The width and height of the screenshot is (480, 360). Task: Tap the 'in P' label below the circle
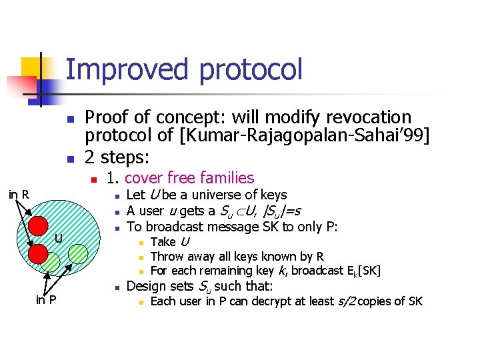click(x=45, y=299)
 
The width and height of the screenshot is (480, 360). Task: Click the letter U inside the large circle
click(x=59, y=239)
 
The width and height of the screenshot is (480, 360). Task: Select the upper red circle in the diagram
click(x=38, y=227)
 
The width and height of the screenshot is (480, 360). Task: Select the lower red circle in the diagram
click(x=37, y=253)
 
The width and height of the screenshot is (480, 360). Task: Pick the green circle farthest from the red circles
click(x=79, y=253)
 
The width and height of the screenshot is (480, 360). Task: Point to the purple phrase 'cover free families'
click(x=189, y=178)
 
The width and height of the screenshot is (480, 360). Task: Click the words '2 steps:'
click(x=117, y=158)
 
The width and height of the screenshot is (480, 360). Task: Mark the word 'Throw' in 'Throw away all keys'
click(x=165, y=256)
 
